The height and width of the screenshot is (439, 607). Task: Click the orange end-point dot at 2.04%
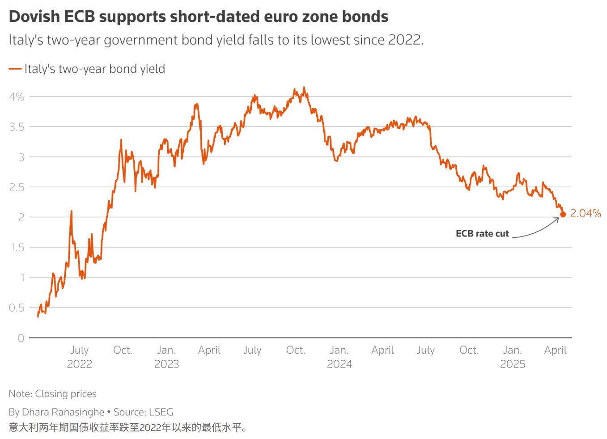click(563, 215)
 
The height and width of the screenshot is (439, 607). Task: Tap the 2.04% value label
click(585, 214)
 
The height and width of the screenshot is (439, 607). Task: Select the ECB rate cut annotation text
click(482, 234)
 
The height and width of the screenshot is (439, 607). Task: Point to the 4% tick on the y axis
click(17, 97)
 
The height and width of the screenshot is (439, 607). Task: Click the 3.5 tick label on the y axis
click(17, 127)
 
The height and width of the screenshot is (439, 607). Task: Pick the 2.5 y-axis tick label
click(17, 187)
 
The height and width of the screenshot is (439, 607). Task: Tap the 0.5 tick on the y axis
click(17, 308)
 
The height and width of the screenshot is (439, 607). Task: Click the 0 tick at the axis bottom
click(21, 338)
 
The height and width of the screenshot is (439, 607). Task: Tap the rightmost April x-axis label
click(555, 350)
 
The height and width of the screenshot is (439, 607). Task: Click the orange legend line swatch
click(15, 69)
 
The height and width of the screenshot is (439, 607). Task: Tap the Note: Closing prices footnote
click(52, 394)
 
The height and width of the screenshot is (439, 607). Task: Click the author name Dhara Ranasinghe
click(63, 412)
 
